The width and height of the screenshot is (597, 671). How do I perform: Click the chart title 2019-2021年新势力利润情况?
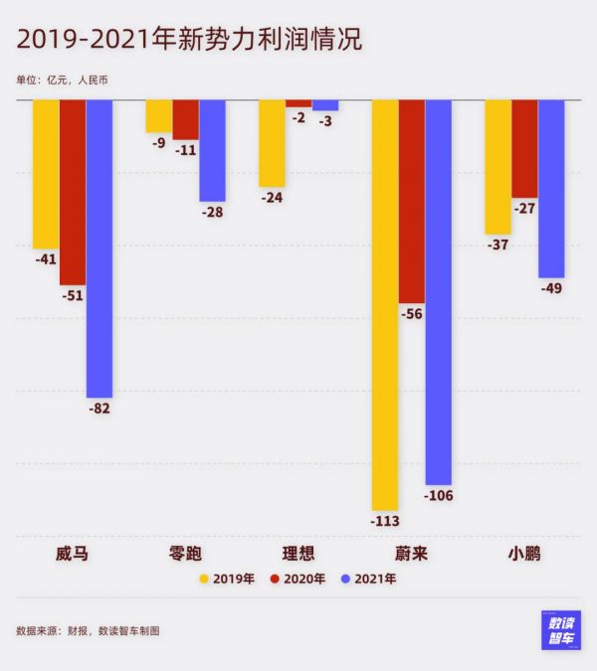tap(189, 40)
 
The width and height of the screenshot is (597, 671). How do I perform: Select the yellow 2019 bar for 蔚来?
tap(385, 304)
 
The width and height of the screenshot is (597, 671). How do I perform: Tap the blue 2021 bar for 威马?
tap(99, 249)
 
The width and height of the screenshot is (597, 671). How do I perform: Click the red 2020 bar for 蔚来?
tap(411, 202)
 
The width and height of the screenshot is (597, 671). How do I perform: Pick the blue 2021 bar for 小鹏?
tap(551, 189)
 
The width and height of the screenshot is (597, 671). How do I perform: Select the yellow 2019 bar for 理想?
tap(272, 143)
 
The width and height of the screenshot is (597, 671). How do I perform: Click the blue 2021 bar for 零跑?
tap(212, 150)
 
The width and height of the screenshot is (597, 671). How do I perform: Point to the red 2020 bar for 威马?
tap(73, 193)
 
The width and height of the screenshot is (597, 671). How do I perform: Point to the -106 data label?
tap(438, 496)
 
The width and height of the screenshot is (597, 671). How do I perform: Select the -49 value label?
tap(551, 289)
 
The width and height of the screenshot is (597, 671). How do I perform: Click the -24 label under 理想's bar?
tap(272, 198)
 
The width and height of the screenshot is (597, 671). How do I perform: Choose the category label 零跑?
tap(185, 554)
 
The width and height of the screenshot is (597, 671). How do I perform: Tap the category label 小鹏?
tap(524, 554)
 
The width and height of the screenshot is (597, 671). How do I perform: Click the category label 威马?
tap(73, 554)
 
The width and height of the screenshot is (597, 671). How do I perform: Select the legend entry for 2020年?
tap(298, 579)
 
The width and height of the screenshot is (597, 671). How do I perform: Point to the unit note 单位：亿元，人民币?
tap(62, 80)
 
